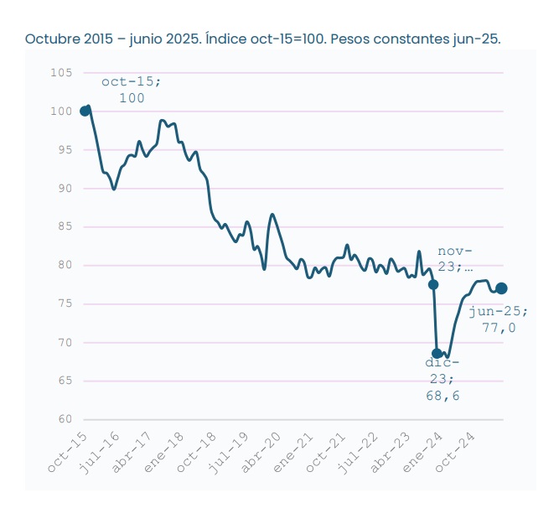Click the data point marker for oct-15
pyautogui.click(x=85, y=111)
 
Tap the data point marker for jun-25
pyautogui.click(x=501, y=288)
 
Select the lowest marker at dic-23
pyautogui.click(x=437, y=353)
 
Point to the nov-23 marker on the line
pyautogui.click(x=433, y=285)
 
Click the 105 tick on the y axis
pyautogui.click(x=60, y=73)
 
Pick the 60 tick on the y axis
pyautogui.click(x=64, y=419)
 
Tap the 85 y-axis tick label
pyautogui.click(x=64, y=226)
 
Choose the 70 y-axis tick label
pyautogui.click(x=64, y=342)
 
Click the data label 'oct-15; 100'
pyautogui.click(x=132, y=90)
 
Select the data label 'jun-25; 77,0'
pyautogui.click(x=499, y=319)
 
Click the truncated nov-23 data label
pyautogui.click(x=455, y=259)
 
